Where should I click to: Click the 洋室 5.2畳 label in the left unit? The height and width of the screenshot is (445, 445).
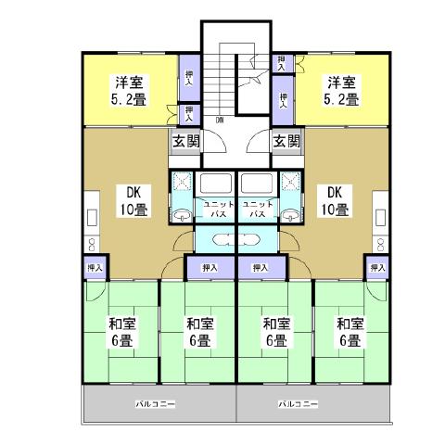127,89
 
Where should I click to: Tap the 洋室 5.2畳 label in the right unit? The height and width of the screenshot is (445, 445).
341,89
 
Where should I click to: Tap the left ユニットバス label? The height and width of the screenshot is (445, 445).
217,208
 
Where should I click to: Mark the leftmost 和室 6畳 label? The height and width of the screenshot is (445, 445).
121,333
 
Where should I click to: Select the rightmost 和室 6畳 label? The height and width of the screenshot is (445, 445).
350,333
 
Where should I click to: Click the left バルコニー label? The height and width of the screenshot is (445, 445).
156,405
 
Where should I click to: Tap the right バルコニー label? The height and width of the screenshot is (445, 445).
297,405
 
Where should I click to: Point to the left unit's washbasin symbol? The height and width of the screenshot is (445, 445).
181,215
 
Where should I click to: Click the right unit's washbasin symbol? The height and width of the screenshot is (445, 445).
291,215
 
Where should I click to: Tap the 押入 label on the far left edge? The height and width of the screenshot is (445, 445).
94,268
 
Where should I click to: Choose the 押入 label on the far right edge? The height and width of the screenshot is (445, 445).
376,268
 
